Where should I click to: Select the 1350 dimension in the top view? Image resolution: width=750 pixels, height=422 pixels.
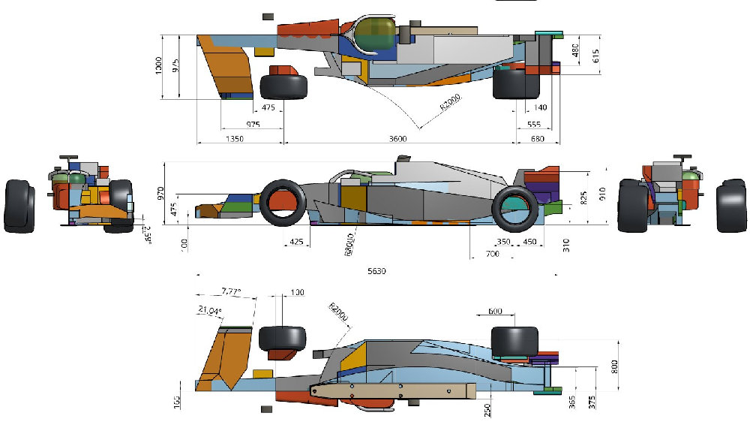(234, 139)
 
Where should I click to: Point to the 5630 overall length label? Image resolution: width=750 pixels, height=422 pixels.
(376, 271)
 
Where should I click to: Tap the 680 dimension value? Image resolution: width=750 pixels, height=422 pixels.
(538, 139)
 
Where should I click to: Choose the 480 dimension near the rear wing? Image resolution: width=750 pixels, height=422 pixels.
(575, 50)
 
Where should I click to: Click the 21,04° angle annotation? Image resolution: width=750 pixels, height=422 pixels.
(211, 309)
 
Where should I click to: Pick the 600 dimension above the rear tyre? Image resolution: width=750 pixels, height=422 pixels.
(496, 312)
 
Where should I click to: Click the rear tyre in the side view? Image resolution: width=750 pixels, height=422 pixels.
(514, 207)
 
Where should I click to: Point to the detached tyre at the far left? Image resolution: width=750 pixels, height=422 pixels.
(19, 206)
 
